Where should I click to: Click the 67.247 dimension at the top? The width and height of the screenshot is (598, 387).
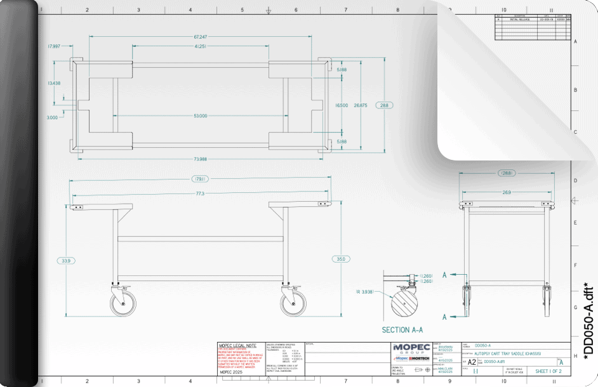[201, 37]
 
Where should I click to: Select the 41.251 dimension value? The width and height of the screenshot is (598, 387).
[201, 46]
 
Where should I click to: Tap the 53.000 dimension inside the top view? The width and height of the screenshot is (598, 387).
[201, 115]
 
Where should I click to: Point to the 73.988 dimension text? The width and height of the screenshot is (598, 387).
[201, 159]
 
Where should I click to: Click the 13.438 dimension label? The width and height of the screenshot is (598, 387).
[54, 83]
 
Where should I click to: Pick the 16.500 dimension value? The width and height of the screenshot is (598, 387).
[342, 105]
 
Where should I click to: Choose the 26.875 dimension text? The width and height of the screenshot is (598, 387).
[361, 105]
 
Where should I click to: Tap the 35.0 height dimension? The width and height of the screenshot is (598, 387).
[341, 259]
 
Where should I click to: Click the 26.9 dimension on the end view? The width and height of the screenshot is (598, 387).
[507, 191]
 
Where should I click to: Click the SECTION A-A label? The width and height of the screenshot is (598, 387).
[402, 330]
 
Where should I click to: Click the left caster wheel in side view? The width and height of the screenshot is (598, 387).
[120, 303]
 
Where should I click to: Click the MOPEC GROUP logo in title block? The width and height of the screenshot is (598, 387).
[413, 348]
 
